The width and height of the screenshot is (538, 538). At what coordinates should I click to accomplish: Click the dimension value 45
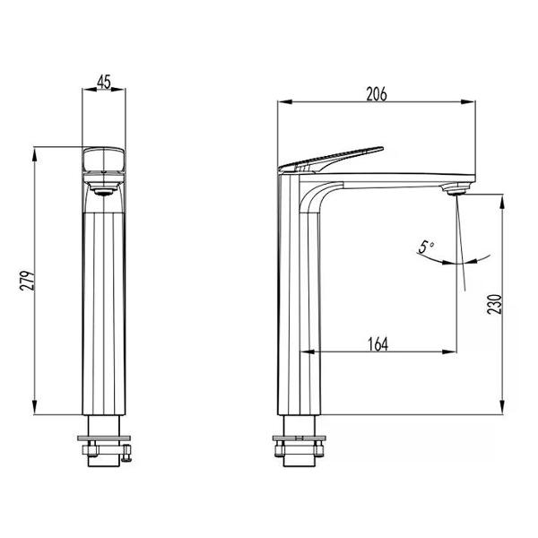tap(104, 82)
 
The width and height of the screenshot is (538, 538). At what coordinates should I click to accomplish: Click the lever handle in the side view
tap(332, 158)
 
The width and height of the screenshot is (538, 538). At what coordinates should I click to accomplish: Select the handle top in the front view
tap(104, 161)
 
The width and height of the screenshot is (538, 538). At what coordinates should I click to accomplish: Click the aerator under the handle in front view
tap(104, 188)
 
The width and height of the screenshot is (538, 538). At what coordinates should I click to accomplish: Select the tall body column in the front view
tap(104, 305)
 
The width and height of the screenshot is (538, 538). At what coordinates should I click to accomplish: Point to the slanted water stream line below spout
tap(462, 242)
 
